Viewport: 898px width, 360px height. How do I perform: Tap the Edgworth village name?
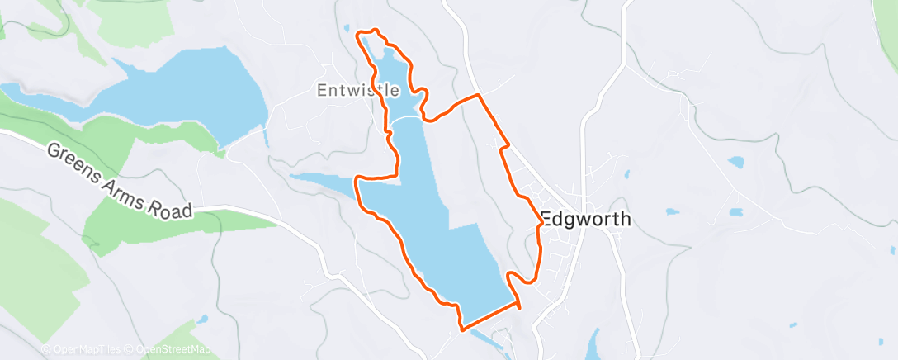click(x=586, y=220)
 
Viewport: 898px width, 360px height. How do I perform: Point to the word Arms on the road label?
click(x=126, y=187)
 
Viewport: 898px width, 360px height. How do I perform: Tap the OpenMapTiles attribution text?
click(x=83, y=349)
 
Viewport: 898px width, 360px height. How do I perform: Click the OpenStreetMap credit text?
click(x=168, y=349)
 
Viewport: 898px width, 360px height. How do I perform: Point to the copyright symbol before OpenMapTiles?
click(x=46, y=349)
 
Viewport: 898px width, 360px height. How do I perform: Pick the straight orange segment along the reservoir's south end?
click(x=491, y=318)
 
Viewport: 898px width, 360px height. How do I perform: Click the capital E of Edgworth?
click(x=546, y=220)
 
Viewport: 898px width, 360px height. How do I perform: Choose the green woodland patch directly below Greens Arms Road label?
click(x=132, y=227)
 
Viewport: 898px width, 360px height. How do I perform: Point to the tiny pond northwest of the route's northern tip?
click(x=347, y=27)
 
